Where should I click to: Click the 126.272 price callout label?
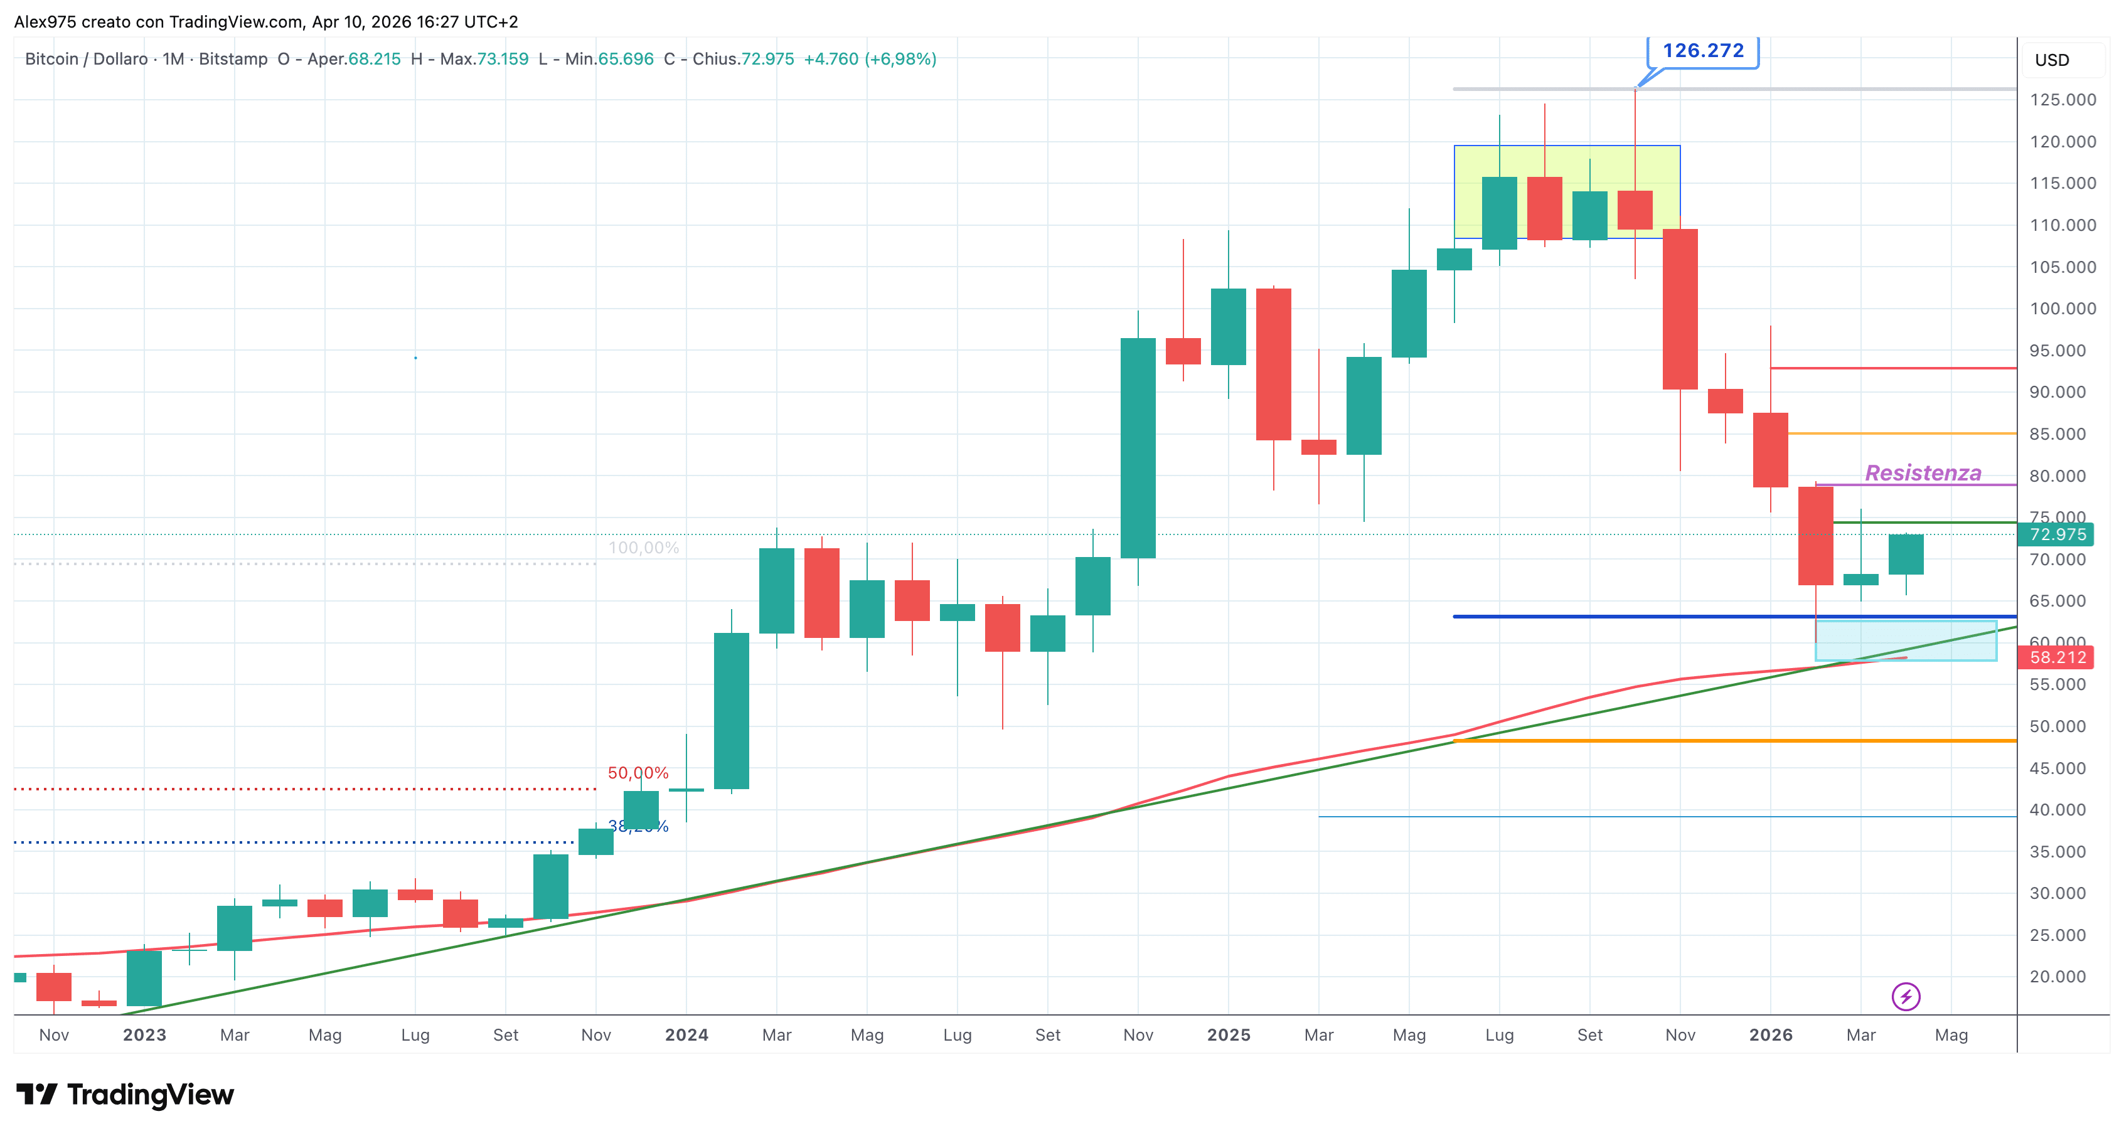click(x=1703, y=51)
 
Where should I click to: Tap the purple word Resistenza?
click(x=1923, y=473)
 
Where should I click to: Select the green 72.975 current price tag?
click(x=2057, y=534)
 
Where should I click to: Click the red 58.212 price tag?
click(x=2057, y=657)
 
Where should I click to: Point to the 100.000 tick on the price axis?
click(x=2062, y=309)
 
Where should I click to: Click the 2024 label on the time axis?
click(x=686, y=1034)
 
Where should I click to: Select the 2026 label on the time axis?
click(x=1770, y=1034)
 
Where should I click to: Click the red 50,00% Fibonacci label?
click(x=638, y=772)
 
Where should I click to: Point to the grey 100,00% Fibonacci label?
click(x=643, y=548)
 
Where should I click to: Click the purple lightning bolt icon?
click(x=1906, y=997)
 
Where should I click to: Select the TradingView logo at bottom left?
click(x=125, y=1095)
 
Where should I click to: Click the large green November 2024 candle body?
click(x=1138, y=448)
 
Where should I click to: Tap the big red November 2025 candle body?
click(x=1680, y=309)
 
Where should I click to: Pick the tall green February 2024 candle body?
click(x=732, y=711)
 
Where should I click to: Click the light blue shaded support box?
click(x=1906, y=640)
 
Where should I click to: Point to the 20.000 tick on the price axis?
click(x=2062, y=976)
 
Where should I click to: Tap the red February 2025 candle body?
click(x=1273, y=364)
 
